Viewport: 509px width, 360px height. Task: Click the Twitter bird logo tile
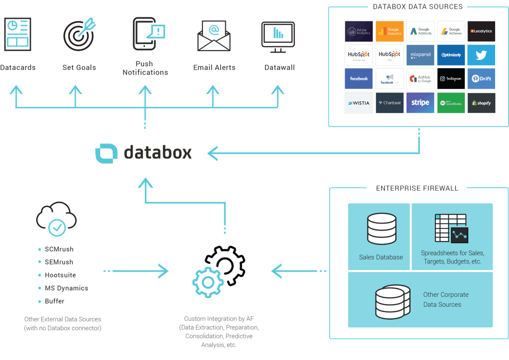point(481,55)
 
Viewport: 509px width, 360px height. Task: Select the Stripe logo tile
point(420,103)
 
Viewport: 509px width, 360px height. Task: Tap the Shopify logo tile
point(481,103)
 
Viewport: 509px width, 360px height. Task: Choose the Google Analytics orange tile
point(389,32)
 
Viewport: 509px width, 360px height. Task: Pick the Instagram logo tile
point(451,79)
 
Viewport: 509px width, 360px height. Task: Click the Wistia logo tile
point(359,103)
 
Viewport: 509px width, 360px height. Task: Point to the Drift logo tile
point(481,79)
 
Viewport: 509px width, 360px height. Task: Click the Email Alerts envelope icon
point(214,36)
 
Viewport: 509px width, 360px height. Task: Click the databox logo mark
point(106,153)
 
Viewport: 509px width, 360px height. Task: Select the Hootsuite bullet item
point(60,275)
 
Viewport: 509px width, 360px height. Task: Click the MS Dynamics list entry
point(66,288)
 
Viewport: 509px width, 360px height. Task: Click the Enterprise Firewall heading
point(417,188)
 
